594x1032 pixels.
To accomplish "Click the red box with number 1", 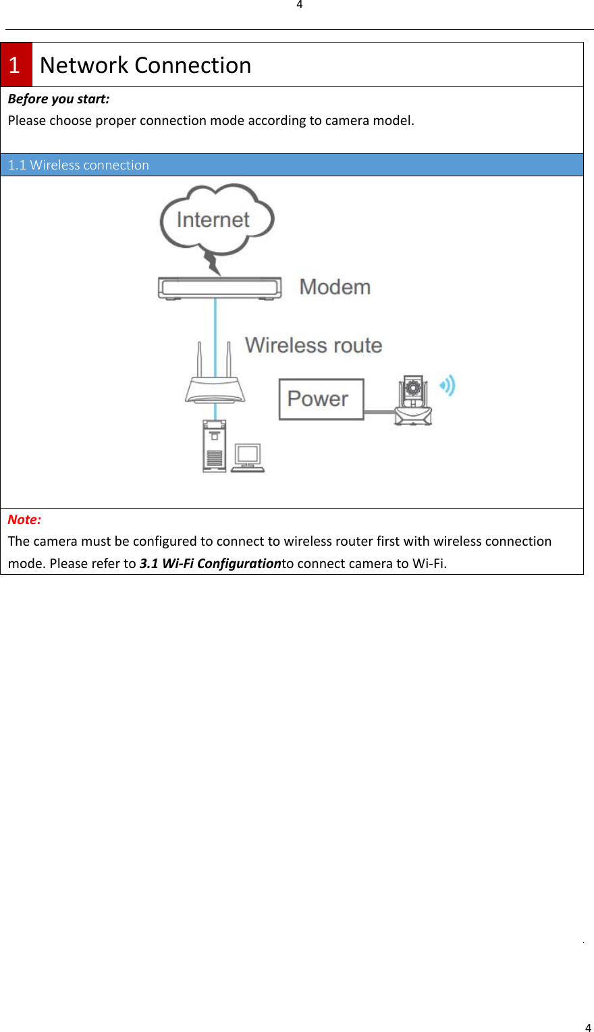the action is (16, 65).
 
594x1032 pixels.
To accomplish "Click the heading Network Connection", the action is (145, 65).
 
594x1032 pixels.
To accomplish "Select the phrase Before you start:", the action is (59, 99).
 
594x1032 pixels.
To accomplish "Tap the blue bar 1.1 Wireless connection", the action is (292, 165).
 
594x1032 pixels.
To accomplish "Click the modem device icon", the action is (219, 288).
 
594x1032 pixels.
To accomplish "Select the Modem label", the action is (335, 287).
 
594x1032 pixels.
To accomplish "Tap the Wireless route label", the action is (313, 345).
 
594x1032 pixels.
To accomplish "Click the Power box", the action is (321, 399).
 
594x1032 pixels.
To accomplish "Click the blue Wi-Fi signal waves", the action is (448, 386).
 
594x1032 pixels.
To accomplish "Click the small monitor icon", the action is (248, 457).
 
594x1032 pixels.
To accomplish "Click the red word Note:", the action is (24, 519).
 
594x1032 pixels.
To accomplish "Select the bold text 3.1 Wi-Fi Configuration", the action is (210, 563).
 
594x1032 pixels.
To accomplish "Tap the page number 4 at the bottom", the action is (588, 1027).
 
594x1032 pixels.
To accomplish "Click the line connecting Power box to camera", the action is (379, 411).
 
